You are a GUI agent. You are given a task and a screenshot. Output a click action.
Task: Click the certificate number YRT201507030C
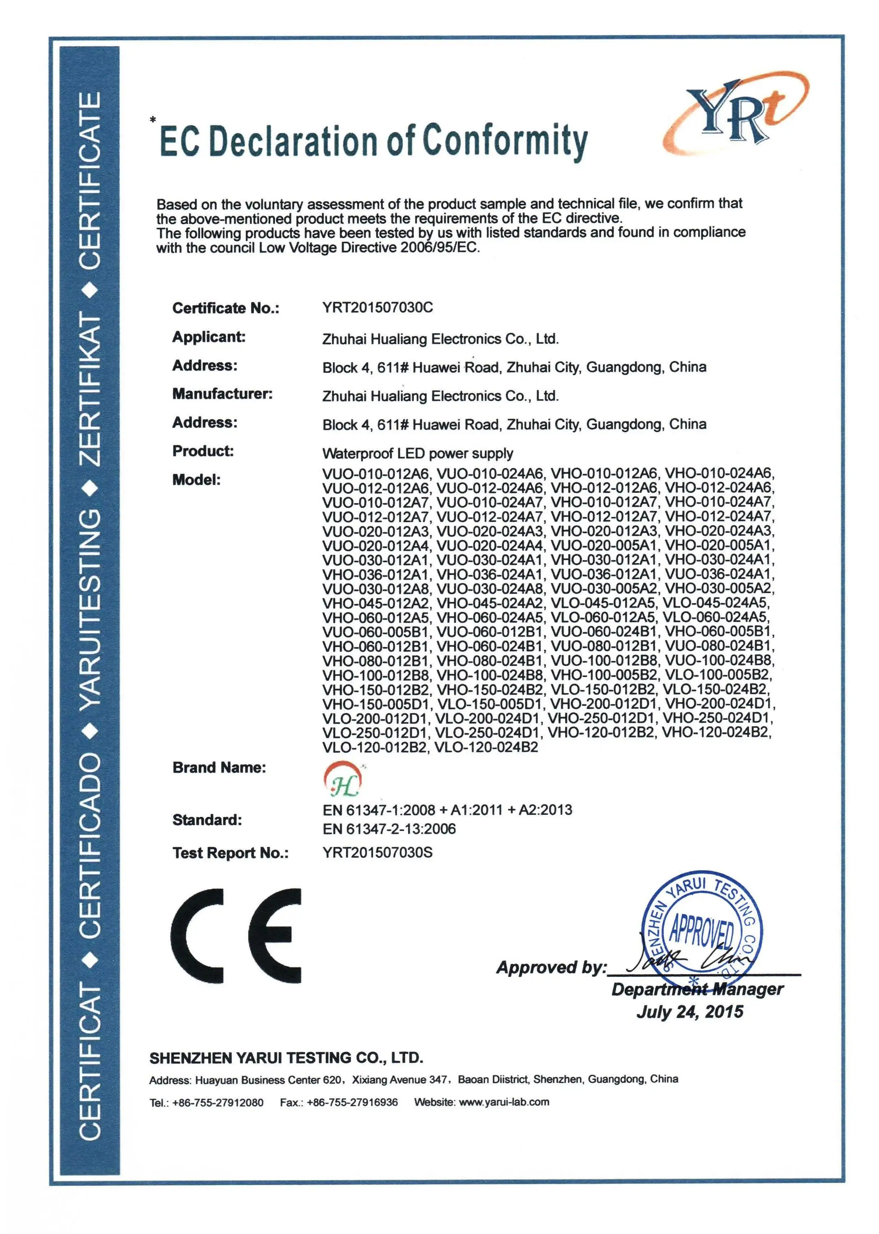377,308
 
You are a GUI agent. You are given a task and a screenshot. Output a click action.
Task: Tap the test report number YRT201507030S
377,852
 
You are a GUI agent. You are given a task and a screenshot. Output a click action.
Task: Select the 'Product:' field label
203,451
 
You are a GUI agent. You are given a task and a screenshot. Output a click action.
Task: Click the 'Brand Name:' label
219,767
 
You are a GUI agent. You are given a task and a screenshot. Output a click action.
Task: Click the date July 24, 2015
690,1012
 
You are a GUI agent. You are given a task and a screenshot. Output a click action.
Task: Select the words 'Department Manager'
697,990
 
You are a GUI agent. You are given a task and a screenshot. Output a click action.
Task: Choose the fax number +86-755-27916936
352,1102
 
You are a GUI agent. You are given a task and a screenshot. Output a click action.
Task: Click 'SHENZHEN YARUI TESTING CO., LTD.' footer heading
286,1058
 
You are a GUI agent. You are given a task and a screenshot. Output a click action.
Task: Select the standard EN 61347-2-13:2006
389,829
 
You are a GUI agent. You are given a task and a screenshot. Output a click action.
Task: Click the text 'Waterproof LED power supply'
417,453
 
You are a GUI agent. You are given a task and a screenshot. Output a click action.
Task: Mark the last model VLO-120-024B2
487,747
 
